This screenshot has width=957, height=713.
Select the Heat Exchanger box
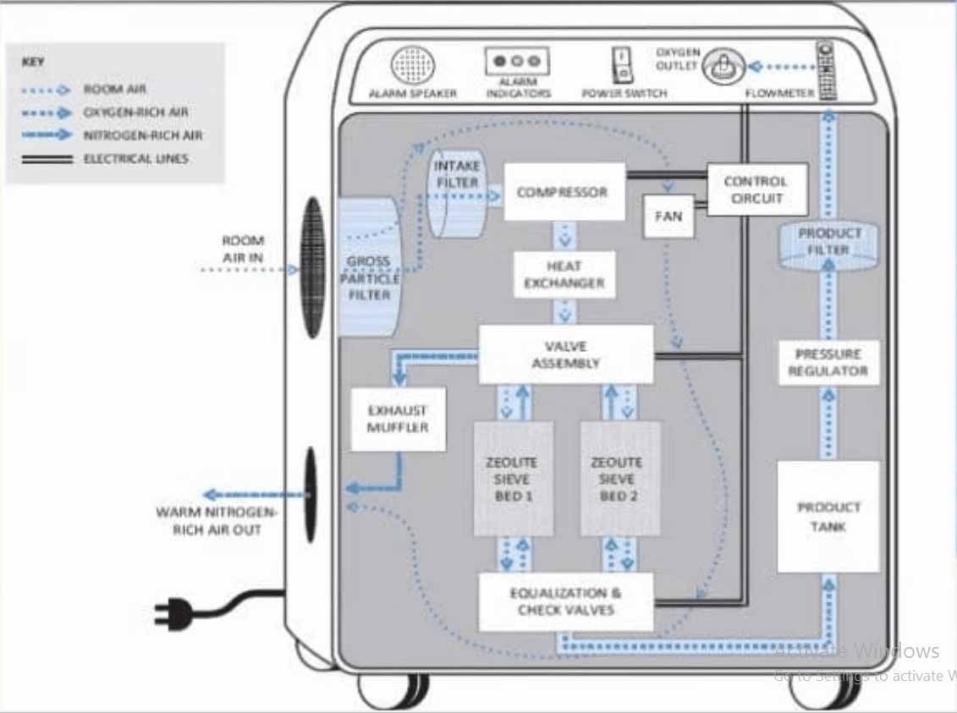pyautogui.click(x=564, y=274)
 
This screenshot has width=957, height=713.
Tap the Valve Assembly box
pyautogui.click(x=565, y=354)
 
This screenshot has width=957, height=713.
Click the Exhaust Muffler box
pyautogui.click(x=398, y=419)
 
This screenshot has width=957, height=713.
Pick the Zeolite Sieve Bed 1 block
pyautogui.click(x=513, y=479)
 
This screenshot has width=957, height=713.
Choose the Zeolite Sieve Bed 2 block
pyautogui.click(x=620, y=479)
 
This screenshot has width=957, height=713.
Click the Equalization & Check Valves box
pyautogui.click(x=565, y=601)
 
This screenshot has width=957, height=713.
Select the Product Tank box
pyautogui.click(x=828, y=517)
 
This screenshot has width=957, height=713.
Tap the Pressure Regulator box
pyautogui.click(x=828, y=363)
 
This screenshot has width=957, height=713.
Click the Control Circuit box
pyautogui.click(x=756, y=189)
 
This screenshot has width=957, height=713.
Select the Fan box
pyautogui.click(x=668, y=216)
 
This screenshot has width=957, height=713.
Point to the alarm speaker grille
pyautogui.click(x=412, y=65)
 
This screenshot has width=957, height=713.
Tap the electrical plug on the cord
pyautogui.click(x=173, y=612)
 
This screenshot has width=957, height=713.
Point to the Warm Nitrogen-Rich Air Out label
pyautogui.click(x=217, y=521)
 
